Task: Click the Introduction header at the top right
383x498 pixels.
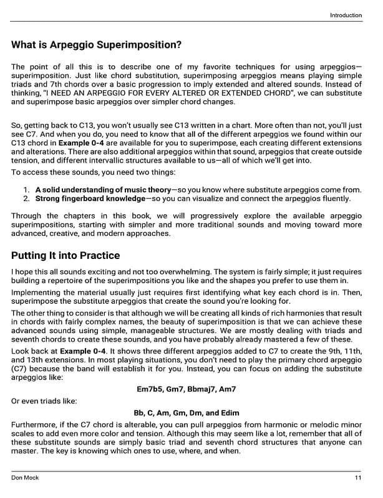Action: tap(346, 16)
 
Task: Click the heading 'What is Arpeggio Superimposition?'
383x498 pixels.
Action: tap(97, 45)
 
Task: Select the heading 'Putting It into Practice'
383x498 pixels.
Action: tap(65, 255)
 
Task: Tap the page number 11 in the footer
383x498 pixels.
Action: tap(357, 477)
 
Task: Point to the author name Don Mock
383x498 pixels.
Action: tap(26, 477)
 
